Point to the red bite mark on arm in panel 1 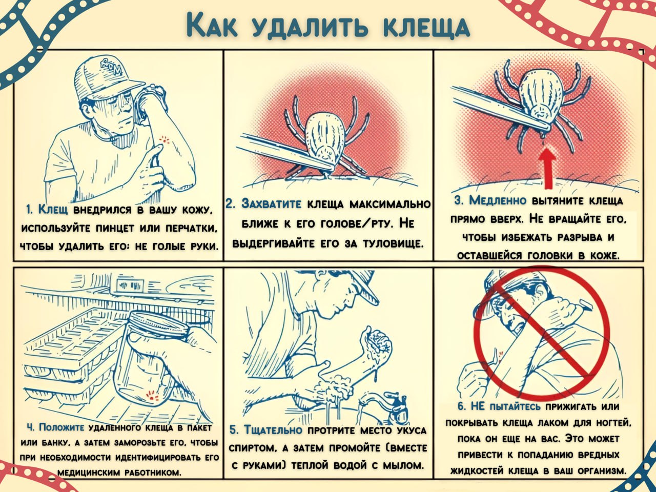pyautogui.click(x=165, y=139)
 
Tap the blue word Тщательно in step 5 pyautogui.click(x=274, y=430)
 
